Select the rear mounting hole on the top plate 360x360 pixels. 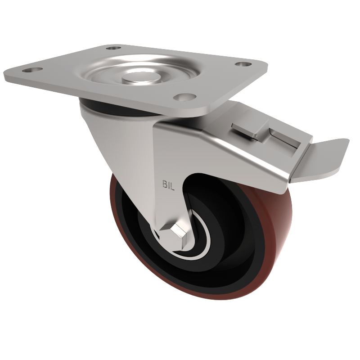point(113,47)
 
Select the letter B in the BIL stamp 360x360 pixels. point(164,184)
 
